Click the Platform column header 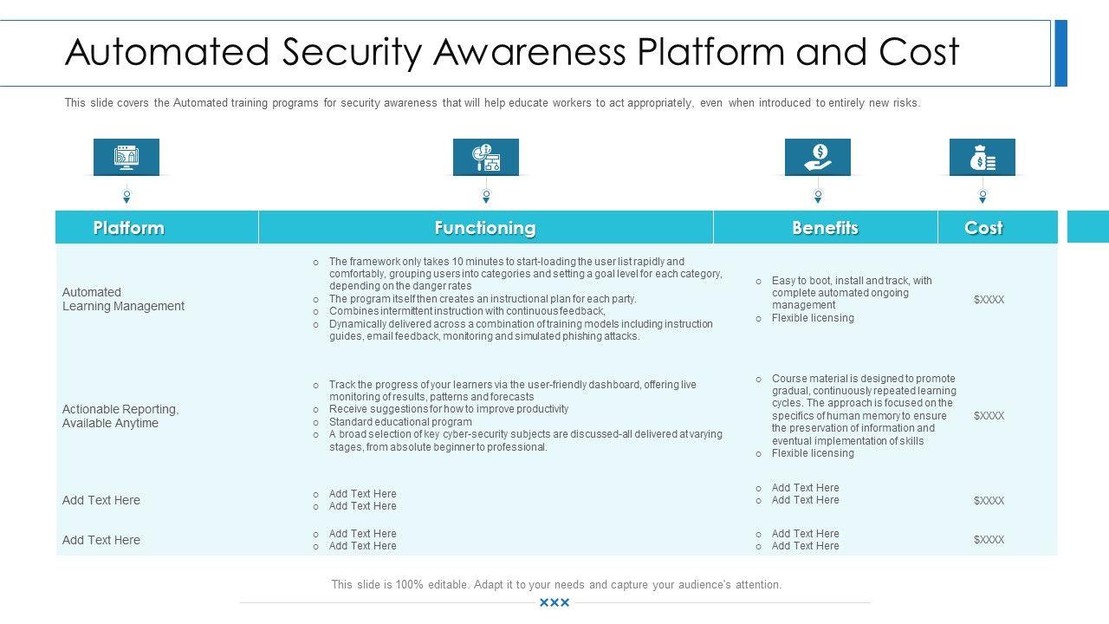[128, 228]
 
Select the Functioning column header [485, 228]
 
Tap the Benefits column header [825, 228]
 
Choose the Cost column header [983, 228]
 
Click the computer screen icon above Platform [126, 157]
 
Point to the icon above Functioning [486, 157]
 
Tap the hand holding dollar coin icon [818, 157]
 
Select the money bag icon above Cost [983, 157]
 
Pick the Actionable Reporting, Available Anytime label [120, 416]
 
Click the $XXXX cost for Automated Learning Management [989, 300]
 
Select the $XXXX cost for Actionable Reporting [989, 416]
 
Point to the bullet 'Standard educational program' [400, 422]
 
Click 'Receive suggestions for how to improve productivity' [449, 409]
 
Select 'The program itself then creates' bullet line [483, 299]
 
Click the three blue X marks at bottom [554, 602]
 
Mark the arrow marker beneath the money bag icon [983, 197]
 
